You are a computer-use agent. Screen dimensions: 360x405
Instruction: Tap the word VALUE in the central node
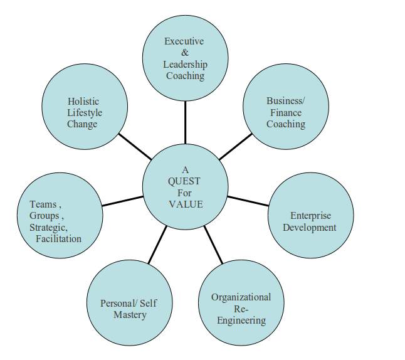tap(185, 204)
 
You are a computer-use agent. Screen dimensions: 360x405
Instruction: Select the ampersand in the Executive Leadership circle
tap(185, 53)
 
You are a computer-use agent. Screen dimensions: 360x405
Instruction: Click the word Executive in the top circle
tap(184, 41)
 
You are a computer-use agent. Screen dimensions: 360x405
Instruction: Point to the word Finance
tap(285, 113)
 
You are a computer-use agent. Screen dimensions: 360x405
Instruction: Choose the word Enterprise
tap(310, 216)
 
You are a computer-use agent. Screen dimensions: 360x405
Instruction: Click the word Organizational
tap(241, 297)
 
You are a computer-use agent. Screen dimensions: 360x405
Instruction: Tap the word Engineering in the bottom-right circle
tap(241, 320)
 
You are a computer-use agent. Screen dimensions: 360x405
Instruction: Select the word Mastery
tap(130, 315)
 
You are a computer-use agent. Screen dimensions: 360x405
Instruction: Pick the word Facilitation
tap(58, 239)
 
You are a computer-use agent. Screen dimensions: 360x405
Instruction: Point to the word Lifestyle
tap(84, 113)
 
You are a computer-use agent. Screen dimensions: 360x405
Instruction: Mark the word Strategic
tap(48, 227)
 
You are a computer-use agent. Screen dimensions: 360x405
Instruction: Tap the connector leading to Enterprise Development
tap(248, 201)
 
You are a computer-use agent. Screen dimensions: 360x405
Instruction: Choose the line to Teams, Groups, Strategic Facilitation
tap(122, 201)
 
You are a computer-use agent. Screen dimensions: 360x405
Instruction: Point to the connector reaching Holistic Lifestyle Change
tap(135, 146)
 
